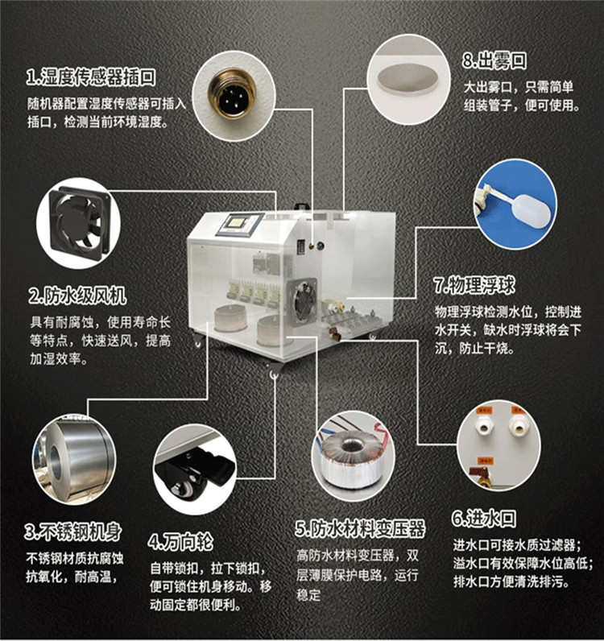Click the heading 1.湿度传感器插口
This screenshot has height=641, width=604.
(x=91, y=77)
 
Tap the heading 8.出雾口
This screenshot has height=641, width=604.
(x=494, y=60)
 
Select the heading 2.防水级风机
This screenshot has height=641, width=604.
(x=77, y=296)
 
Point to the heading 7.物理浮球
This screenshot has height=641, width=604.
(x=474, y=285)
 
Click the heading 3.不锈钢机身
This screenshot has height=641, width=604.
(x=73, y=531)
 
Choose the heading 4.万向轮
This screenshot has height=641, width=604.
(x=180, y=542)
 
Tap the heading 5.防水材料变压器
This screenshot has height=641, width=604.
(x=360, y=528)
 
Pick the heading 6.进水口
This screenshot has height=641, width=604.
(x=484, y=518)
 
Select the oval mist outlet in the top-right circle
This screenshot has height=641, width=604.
(x=407, y=78)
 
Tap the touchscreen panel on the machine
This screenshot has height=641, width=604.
(x=238, y=223)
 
